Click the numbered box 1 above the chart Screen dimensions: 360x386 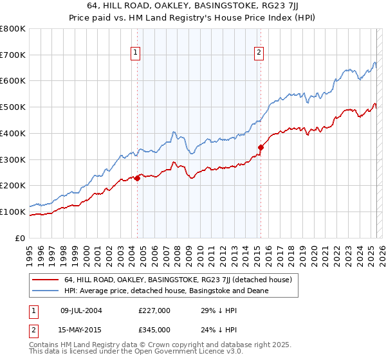[x=136, y=53]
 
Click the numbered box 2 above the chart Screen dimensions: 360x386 [x=259, y=53]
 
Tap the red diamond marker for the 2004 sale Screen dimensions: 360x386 [x=138, y=179]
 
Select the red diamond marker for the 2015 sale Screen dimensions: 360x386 [x=261, y=148]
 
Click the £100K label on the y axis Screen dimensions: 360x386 [x=14, y=212]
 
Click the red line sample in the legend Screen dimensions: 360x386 [x=45, y=280]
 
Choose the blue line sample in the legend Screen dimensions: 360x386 [x=45, y=291]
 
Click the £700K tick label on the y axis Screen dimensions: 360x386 [x=14, y=55]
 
